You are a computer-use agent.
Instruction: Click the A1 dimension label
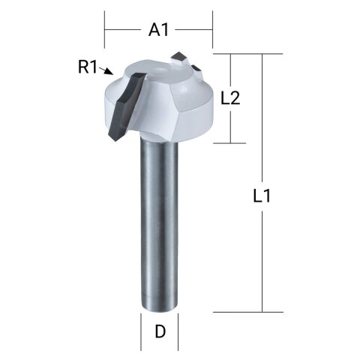pos(159,30)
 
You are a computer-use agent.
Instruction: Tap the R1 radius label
pos(88,66)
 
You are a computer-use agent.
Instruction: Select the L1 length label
pos(262,197)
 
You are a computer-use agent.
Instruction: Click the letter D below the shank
pos(159,331)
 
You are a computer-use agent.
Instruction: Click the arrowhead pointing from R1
pos(109,73)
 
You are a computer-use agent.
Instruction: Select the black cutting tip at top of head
pos(181,57)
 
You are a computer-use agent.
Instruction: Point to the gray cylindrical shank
pos(159,225)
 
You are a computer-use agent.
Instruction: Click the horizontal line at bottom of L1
pos(247,311)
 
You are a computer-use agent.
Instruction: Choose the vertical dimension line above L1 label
pos(262,120)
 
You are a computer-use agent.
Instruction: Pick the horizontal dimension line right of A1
pos(195,30)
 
